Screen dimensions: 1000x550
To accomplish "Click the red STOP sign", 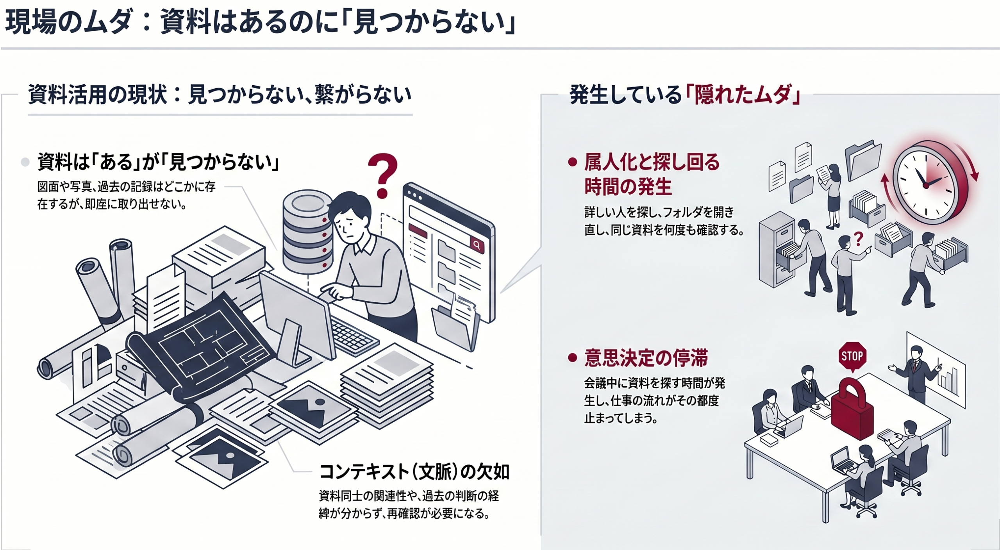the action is click(x=852, y=357).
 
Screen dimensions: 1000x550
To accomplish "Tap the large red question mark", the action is click(x=383, y=175).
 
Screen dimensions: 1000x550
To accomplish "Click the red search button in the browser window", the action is click(x=477, y=245).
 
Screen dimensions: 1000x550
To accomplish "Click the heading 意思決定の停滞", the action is click(x=646, y=358).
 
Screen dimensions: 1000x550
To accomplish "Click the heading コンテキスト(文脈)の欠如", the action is click(x=414, y=472).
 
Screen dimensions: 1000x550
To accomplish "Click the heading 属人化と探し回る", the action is click(x=652, y=162).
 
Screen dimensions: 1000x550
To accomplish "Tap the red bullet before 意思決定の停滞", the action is click(x=573, y=358).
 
